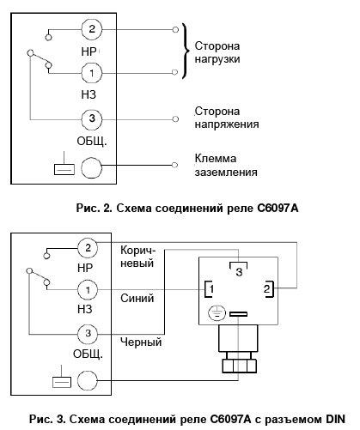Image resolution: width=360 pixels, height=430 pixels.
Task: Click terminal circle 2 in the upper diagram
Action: coord(92,29)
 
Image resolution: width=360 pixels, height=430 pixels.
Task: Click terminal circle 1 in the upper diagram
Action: coord(92,73)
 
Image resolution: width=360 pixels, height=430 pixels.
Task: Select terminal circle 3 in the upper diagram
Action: coord(92,119)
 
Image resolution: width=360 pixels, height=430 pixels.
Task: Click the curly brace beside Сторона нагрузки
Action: coord(186,51)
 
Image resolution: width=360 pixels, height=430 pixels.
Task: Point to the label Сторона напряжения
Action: coord(227,118)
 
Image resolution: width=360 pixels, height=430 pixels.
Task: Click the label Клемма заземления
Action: coord(226,166)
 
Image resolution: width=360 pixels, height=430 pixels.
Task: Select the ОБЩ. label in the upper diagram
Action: coord(92,141)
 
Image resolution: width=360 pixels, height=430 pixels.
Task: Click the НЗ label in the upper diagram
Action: coord(88,94)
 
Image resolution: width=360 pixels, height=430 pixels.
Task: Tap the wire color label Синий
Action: coord(137,299)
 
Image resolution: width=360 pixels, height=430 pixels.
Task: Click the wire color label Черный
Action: coord(141,342)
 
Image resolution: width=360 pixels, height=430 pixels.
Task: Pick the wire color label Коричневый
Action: coord(137,257)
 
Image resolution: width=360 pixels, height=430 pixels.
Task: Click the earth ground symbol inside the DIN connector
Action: coord(217,313)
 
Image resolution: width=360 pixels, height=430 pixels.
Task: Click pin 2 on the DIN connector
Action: coord(268,289)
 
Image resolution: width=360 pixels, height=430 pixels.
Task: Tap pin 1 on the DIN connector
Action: coord(209,289)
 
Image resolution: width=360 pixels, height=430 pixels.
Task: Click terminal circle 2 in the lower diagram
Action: coord(88,248)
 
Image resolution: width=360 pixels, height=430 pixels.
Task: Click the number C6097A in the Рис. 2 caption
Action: coord(278,208)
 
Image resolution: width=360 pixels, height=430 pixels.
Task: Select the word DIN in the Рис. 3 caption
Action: coord(335,419)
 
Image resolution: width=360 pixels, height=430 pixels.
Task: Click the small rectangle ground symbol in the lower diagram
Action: coord(62,382)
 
